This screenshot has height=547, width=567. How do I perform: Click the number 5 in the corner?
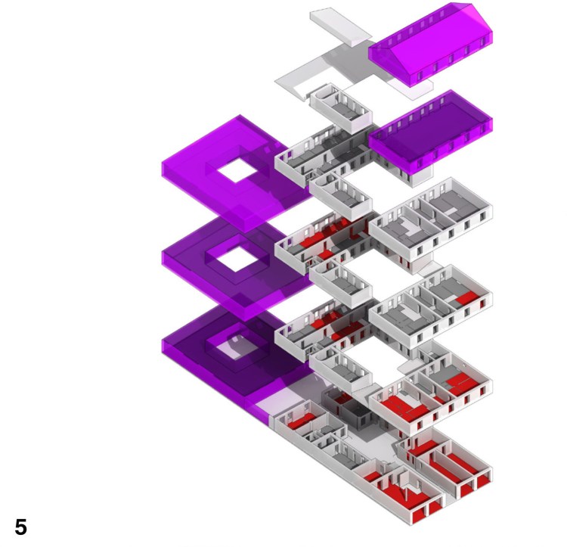20,527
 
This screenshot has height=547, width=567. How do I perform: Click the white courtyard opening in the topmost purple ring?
237,170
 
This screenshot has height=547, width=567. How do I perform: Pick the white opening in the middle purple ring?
237,260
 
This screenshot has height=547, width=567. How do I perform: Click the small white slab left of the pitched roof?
340,27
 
